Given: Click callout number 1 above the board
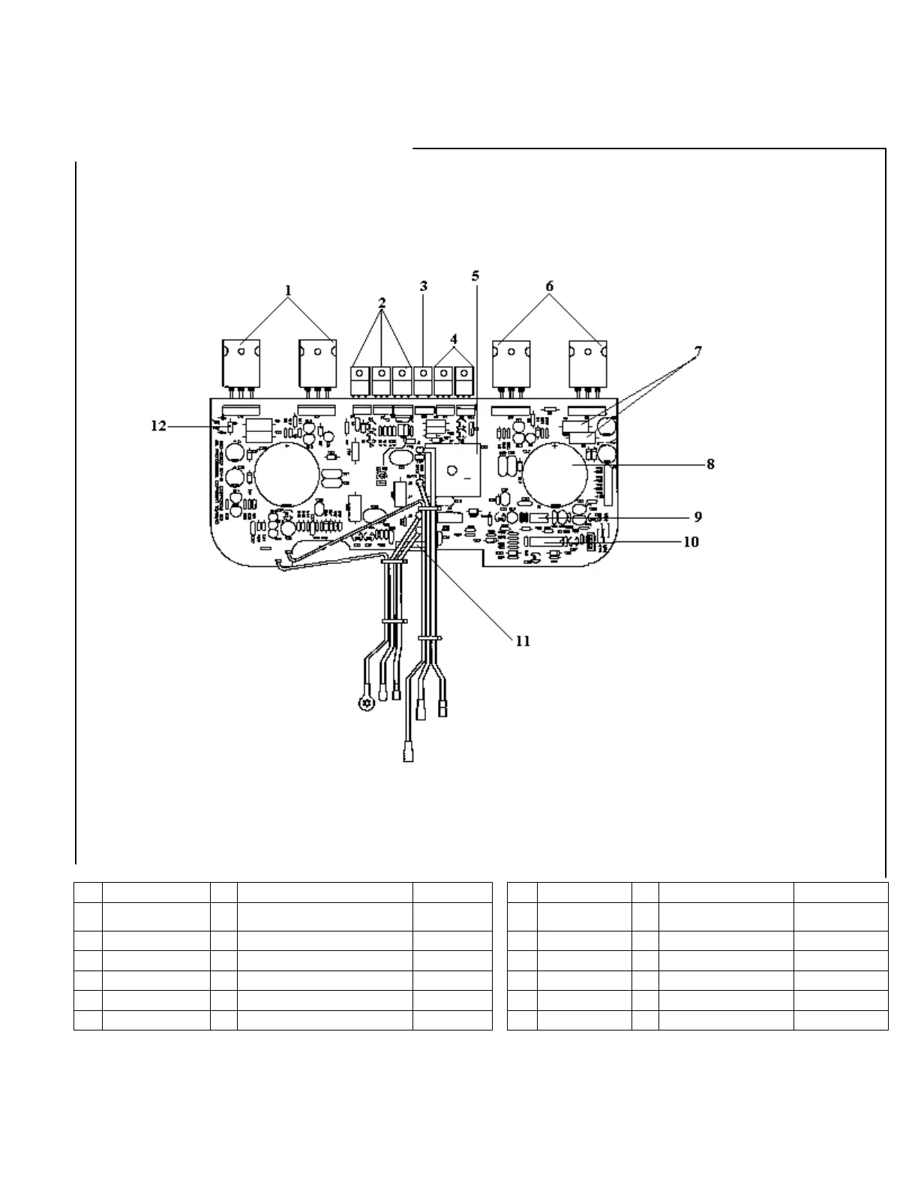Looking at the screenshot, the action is [288, 289].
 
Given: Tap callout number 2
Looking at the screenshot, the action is [382, 304].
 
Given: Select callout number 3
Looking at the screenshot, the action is [424, 286].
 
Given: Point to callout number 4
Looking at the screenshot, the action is [454, 337].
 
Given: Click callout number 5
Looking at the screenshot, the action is [475, 275].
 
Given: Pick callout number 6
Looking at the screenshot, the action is [550, 286].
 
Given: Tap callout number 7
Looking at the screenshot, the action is [697, 350].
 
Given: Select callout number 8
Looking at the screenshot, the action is [710, 464].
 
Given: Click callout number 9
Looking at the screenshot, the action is [697, 517].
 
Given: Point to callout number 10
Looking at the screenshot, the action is [690, 541].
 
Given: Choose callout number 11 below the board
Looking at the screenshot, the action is [523, 640].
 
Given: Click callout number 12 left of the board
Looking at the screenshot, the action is [158, 426].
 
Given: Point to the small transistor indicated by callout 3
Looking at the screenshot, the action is [424, 379].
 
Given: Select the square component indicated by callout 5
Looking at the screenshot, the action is [453, 472].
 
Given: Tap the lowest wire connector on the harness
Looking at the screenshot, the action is [409, 752].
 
